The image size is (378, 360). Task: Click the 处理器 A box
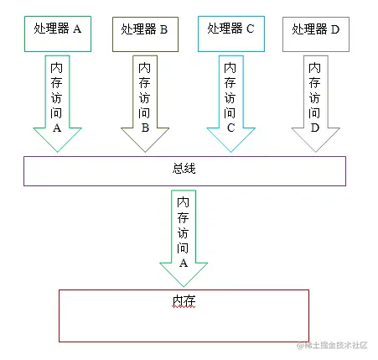tap(56, 30)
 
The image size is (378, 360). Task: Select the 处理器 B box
tap(145, 31)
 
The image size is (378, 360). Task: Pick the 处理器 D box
tap(316, 30)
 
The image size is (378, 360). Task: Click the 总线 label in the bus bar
tap(184, 169)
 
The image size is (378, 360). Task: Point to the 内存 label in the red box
tap(184, 300)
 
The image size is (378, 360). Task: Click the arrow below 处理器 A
tap(57, 101)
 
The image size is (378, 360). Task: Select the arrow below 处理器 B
tap(145, 101)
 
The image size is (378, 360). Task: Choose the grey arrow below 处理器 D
tap(315, 101)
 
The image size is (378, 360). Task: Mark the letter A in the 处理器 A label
tap(77, 29)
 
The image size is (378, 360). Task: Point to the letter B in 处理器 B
tap(164, 30)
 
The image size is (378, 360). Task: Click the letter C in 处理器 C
tap(250, 29)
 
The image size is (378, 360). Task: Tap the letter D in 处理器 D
tap(335, 29)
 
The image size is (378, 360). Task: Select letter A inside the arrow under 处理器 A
tap(57, 128)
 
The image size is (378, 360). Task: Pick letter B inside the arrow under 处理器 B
tap(145, 128)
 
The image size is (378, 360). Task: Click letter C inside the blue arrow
tap(230, 128)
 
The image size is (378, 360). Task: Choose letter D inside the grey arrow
tap(315, 128)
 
